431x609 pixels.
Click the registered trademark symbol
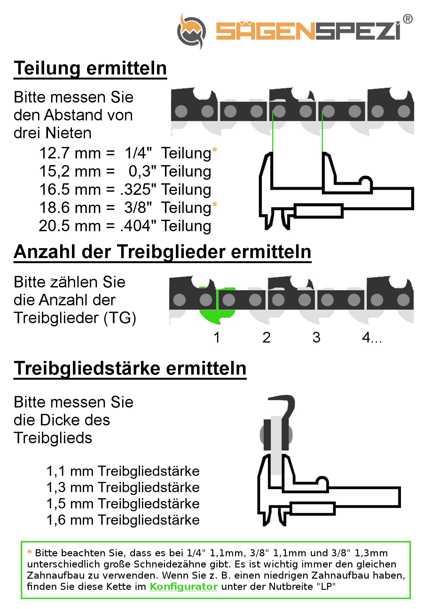tap(407, 19)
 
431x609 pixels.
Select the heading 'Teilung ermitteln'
tap(90, 68)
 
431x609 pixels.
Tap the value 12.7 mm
tap(70, 153)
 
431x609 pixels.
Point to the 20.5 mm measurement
tap(70, 226)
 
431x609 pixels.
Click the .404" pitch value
tap(138, 226)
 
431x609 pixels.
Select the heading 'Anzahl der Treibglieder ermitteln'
tap(162, 252)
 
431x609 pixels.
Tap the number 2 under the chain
tap(266, 338)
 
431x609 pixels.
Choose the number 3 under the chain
tap(316, 338)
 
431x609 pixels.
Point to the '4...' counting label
tap(372, 338)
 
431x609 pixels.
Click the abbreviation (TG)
tap(120, 318)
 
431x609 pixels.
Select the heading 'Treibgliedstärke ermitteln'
tap(130, 368)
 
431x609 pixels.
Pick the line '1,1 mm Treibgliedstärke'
tap(123, 471)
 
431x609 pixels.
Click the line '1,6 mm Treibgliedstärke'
tap(123, 520)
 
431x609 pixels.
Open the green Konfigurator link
tap(184, 587)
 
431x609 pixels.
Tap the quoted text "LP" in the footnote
tap(326, 587)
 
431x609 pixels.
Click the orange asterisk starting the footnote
tap(29, 552)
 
